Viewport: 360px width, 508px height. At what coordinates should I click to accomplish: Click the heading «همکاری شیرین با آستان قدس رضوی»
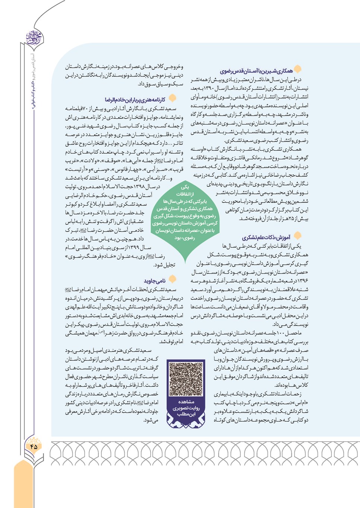coord(256,71)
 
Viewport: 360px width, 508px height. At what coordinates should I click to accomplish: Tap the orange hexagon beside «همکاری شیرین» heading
coord(298,69)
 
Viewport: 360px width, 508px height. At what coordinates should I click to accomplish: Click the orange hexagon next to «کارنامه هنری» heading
coord(172,98)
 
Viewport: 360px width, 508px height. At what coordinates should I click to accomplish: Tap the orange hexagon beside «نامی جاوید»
coord(172,279)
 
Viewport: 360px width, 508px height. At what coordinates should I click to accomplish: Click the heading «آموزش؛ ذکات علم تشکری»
coord(266,237)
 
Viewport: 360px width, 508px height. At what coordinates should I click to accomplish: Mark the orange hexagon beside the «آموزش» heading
coord(297,236)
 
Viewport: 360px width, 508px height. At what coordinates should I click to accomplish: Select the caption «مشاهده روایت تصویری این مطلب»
coord(186,408)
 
